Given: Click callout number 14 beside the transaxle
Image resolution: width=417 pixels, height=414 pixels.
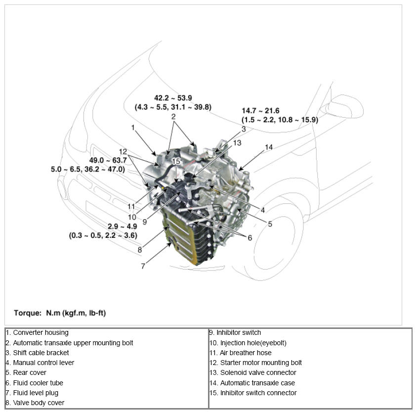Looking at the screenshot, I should coord(268,147).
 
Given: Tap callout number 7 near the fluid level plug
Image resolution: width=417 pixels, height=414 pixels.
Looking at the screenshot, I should coord(143,266).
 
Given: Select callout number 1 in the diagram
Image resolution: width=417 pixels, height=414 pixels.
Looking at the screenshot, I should coord(133,127).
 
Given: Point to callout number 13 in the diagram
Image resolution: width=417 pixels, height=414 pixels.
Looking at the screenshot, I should coord(237,143).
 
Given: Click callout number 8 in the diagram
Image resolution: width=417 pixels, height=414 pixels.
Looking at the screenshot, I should coord(140,250).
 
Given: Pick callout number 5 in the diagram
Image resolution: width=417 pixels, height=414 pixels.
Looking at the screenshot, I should coord(270,224).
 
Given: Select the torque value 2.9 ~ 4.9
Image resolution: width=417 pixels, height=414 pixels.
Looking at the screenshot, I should coord(122,226).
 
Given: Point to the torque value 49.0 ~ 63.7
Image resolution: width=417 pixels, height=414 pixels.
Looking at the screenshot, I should coord(108,160).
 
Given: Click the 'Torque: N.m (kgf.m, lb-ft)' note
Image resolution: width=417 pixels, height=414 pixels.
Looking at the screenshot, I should coord(60,313).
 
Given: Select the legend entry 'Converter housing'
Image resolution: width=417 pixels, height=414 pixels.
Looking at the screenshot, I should coord(41,333).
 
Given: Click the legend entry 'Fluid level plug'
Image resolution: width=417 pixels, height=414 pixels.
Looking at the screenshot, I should coord(36,393).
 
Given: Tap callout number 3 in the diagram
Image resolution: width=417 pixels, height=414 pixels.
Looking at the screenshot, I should coord(243,129).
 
